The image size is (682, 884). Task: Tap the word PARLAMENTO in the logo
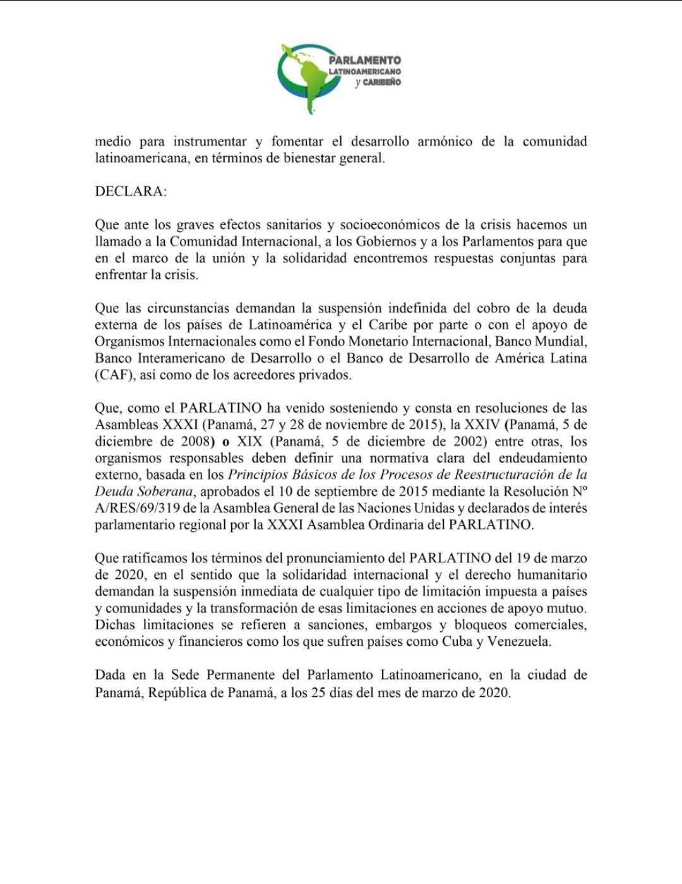(x=364, y=60)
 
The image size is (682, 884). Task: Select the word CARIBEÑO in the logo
(x=382, y=82)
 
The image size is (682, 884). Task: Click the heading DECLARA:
(x=131, y=191)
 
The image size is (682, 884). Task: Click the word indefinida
(x=422, y=308)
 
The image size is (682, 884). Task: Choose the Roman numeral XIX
(x=249, y=441)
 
